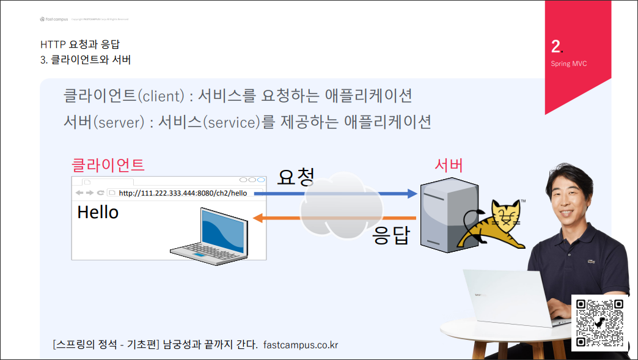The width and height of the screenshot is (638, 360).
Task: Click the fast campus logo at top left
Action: click(54, 19)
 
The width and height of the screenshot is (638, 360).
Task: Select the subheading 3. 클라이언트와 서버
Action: click(85, 60)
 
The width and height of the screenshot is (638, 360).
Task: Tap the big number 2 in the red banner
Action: click(556, 46)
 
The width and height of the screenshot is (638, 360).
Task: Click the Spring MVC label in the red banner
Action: click(568, 64)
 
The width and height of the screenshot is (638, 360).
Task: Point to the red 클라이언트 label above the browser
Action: click(108, 164)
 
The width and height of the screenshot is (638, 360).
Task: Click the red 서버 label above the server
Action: click(449, 164)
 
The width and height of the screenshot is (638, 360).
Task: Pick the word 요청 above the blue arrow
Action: click(296, 177)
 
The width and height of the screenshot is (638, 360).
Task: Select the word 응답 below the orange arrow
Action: click(391, 235)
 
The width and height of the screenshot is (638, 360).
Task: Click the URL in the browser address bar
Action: click(183, 193)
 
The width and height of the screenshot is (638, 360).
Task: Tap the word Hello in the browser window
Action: click(98, 212)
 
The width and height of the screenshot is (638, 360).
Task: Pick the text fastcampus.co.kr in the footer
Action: click(301, 345)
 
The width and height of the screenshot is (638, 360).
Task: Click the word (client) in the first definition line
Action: click(161, 96)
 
